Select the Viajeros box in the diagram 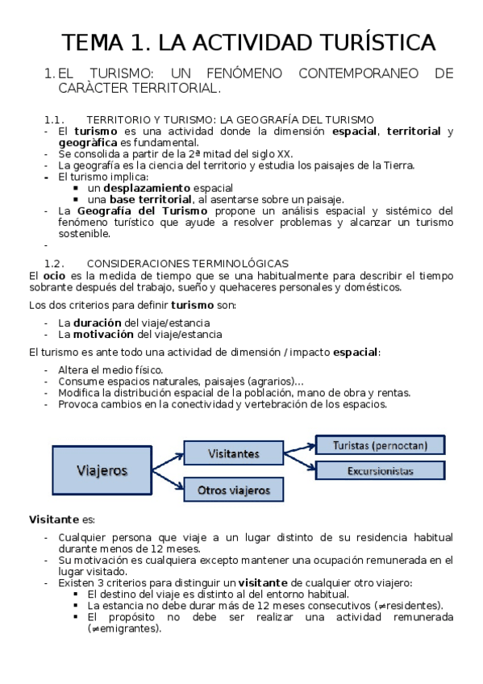tap(102, 469)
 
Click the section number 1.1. tap(55, 119)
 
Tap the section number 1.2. tap(55, 263)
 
